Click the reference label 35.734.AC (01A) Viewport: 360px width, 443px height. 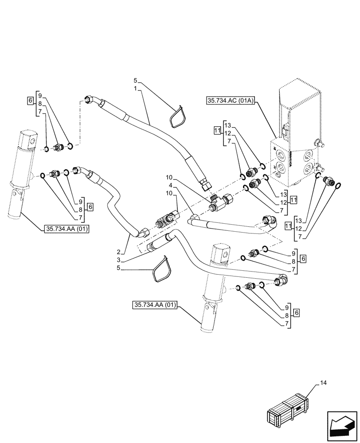point(229,101)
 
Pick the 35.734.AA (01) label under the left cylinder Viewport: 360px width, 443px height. point(67,229)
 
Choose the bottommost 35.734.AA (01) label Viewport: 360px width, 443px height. point(154,305)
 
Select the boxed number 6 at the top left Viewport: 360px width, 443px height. point(30,101)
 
